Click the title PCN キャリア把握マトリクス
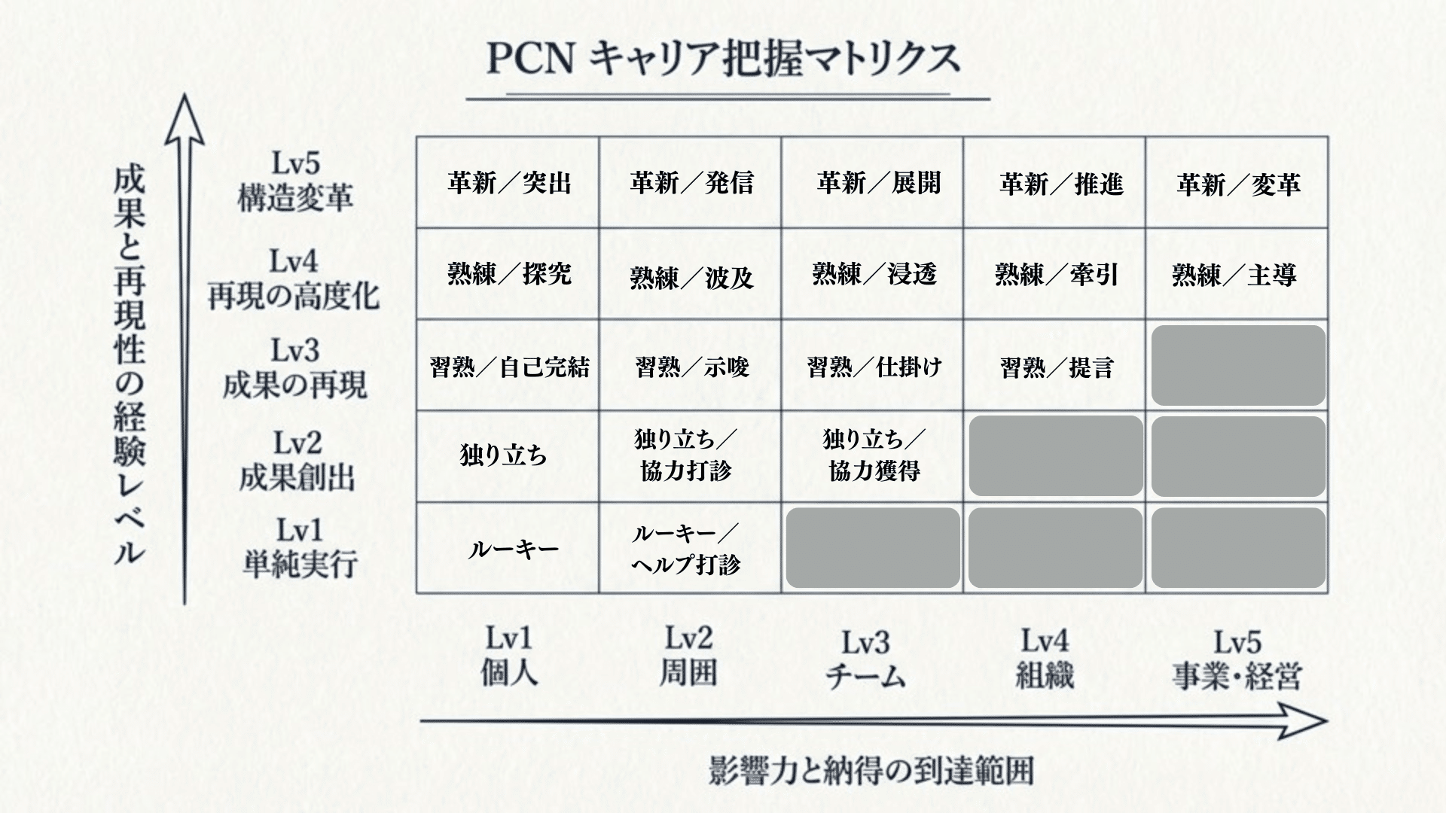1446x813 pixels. coord(723,59)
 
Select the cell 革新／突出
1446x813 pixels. coord(509,183)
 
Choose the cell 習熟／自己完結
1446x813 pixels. coord(509,367)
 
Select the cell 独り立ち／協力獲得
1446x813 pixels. coord(874,455)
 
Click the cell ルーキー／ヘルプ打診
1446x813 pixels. coord(686,550)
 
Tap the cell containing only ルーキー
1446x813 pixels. coord(513,550)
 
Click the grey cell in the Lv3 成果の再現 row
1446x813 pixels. coord(1237,366)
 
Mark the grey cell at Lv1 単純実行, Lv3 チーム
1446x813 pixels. coord(873,548)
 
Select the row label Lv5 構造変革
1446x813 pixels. coord(295,181)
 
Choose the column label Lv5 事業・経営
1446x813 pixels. coord(1236,659)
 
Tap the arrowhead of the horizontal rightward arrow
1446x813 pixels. coord(1307,721)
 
